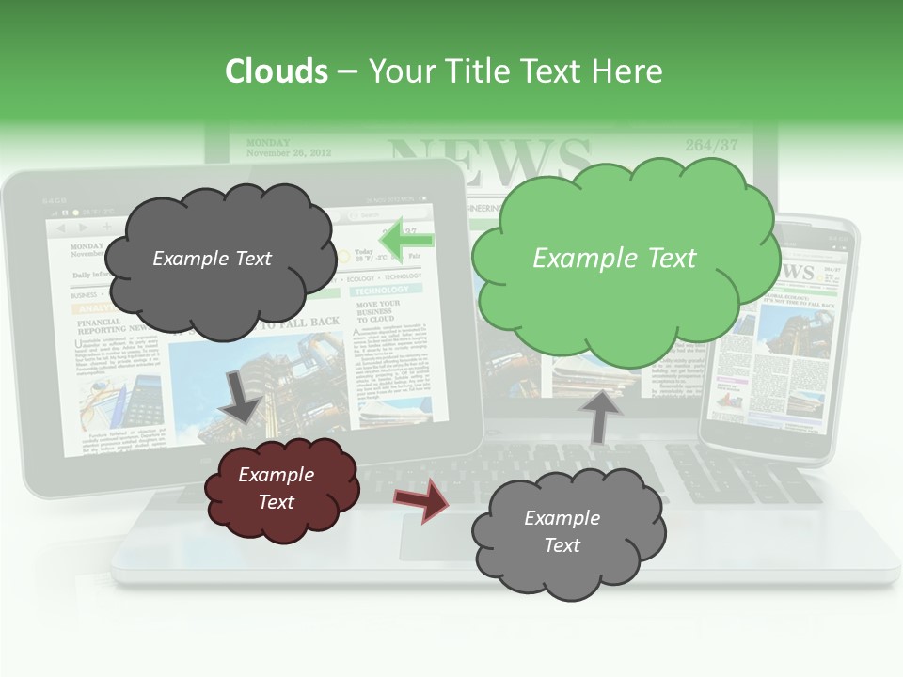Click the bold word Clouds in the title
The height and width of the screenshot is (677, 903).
coord(277,71)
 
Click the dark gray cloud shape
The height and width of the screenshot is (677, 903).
coord(218,259)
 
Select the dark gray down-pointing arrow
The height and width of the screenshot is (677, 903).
coord(241,395)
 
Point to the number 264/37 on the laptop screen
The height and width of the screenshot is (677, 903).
coord(711,145)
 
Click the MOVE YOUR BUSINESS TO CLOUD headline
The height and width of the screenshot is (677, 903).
coord(378,311)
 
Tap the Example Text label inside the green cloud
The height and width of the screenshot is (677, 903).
coord(614,259)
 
